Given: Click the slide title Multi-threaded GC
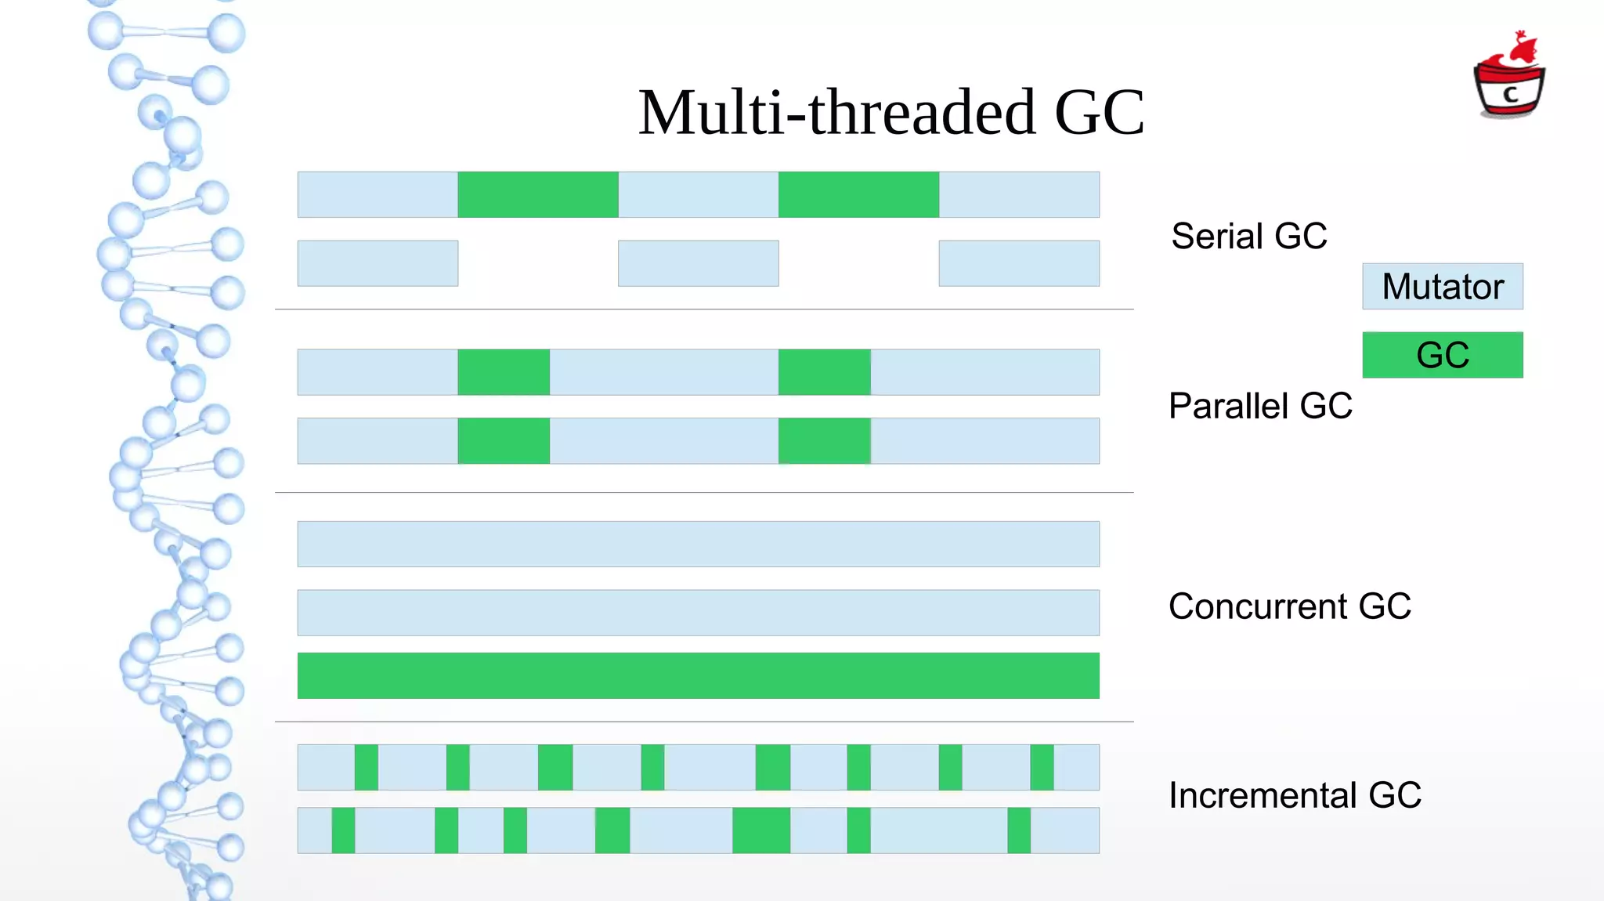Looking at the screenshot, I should (x=891, y=113).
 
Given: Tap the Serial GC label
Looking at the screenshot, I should (x=1248, y=236).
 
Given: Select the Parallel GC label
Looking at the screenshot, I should (x=1260, y=406).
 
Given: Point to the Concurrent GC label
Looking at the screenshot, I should (x=1289, y=606).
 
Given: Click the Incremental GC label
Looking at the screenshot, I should (x=1295, y=795).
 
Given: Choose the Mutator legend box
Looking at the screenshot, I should (x=1443, y=287).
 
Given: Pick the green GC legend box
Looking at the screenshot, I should (x=1443, y=355).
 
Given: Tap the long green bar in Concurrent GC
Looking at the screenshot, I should (x=698, y=675).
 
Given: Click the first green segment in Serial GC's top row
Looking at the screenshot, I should (x=538, y=194).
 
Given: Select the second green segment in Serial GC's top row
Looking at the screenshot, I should (x=858, y=194).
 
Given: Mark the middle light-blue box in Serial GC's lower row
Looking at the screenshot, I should (x=698, y=263).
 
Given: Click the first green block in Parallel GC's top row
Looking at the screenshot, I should (x=504, y=372).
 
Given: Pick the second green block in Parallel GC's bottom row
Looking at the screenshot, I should (x=824, y=441).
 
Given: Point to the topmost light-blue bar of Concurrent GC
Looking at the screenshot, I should (x=698, y=544).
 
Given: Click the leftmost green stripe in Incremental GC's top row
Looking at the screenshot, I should (x=366, y=767).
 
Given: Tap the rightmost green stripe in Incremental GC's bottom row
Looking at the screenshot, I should (x=1019, y=830).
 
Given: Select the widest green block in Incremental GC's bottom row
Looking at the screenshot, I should (x=761, y=830).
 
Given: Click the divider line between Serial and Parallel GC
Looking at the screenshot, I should (x=704, y=309).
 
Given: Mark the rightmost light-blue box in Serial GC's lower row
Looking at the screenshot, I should (x=1019, y=263).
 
